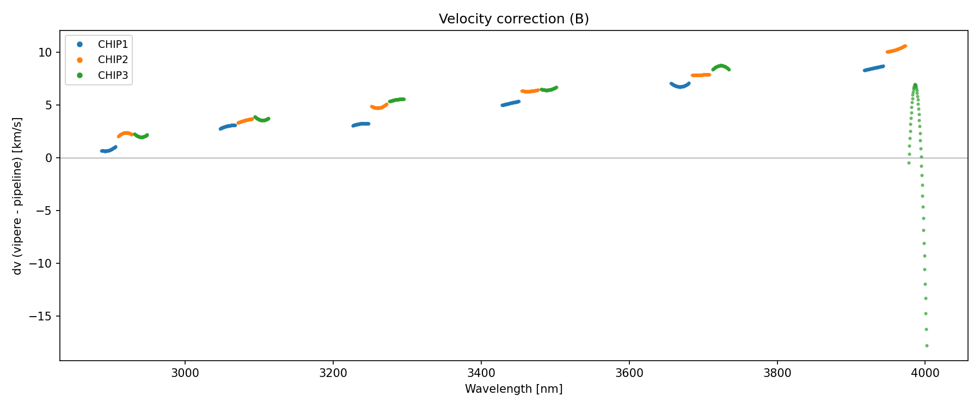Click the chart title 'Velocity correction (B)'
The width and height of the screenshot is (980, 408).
[513, 19]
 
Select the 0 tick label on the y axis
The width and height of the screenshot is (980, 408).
[48, 158]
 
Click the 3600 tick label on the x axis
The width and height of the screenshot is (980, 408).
[629, 373]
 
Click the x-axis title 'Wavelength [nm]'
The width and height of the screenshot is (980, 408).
[513, 389]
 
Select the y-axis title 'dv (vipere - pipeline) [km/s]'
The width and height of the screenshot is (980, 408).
[17, 196]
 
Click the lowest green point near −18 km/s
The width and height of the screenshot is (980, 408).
[927, 345]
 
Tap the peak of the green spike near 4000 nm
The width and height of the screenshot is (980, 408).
[915, 85]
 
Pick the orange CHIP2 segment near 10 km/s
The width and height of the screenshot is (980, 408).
[896, 50]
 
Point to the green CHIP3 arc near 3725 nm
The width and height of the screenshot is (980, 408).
[721, 66]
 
